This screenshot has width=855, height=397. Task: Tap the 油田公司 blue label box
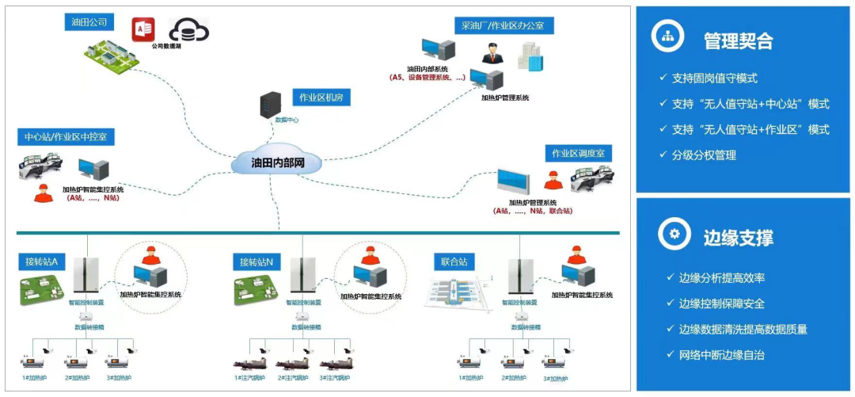89,21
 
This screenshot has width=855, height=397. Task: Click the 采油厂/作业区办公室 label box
503,26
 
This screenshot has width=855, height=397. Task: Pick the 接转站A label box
44,261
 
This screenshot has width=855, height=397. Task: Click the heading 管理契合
738,40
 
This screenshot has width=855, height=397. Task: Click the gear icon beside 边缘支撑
673,235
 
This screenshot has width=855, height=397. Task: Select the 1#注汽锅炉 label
251,378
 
